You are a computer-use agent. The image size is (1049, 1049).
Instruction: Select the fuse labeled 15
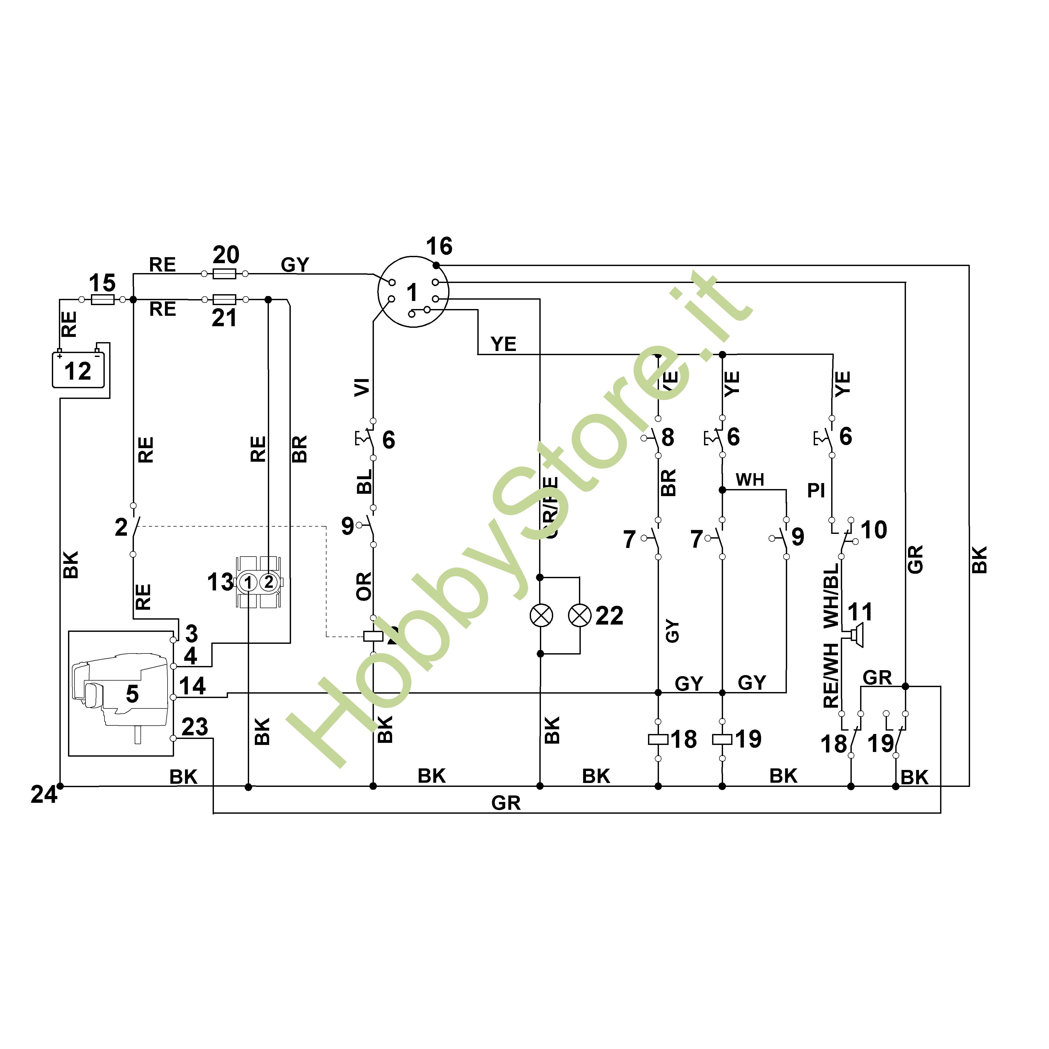pos(102,299)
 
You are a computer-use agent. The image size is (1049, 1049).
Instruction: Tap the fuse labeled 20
pos(224,274)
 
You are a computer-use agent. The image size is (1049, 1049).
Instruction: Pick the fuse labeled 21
pos(224,299)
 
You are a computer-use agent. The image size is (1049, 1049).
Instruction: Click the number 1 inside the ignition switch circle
pos(412,293)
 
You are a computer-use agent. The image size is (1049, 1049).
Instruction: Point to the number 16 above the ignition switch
pos(439,246)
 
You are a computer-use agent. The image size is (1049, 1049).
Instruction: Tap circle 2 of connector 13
pos(268,582)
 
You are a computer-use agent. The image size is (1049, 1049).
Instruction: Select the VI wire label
pos(362,387)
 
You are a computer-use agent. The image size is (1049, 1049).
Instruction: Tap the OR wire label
pos(364,587)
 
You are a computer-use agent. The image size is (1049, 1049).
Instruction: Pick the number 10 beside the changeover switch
pos(874,530)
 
